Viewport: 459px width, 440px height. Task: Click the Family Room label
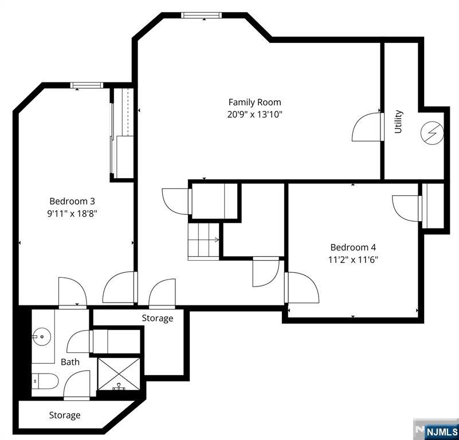pos(254,102)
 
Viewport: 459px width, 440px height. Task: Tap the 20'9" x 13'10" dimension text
pos(254,114)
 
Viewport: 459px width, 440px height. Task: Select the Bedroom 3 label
pos(72,202)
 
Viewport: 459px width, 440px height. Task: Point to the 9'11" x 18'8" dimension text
pos(72,214)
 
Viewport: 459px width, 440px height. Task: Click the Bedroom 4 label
pos(353,247)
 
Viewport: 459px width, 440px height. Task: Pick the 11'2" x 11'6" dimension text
pos(353,260)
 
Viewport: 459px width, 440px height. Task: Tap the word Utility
pos(398,121)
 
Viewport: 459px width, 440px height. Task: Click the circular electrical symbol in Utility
pos(432,133)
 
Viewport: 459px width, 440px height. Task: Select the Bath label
pos(70,362)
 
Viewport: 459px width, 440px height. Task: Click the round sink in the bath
pos(42,337)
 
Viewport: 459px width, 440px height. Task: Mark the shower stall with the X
pos(119,374)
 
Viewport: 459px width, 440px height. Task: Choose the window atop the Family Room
pos(201,15)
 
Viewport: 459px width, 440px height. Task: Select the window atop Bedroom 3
pos(87,85)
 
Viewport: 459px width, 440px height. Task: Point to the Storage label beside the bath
pos(158,318)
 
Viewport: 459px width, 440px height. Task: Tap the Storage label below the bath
pos(65,415)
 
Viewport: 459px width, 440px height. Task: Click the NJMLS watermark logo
pos(436,430)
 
